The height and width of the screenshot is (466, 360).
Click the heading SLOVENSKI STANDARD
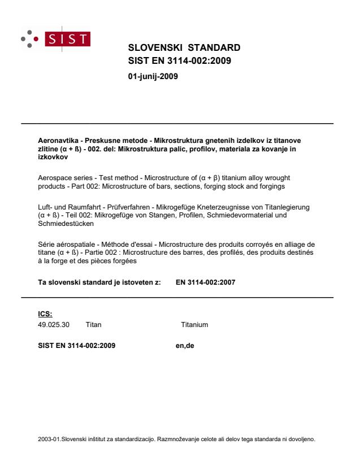pos(185,47)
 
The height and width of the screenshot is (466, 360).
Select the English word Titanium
pos(194,325)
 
